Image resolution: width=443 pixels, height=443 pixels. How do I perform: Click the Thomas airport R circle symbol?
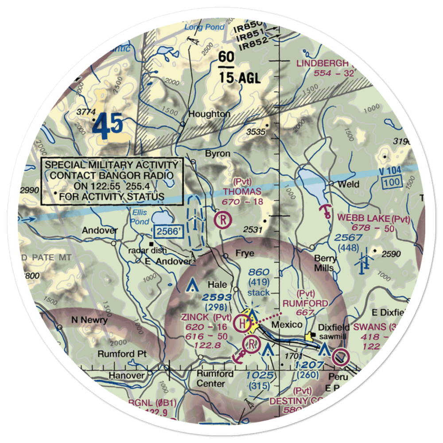[x=223, y=220]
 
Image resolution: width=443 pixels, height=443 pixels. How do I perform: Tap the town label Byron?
[x=218, y=154]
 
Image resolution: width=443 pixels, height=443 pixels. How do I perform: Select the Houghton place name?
[x=209, y=114]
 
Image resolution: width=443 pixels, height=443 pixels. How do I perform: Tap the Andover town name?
[x=100, y=230]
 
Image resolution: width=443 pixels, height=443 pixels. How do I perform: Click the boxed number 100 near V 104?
[x=391, y=182]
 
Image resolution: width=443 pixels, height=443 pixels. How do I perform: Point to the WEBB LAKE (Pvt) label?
[x=373, y=218]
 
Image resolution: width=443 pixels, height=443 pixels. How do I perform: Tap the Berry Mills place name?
[x=326, y=263]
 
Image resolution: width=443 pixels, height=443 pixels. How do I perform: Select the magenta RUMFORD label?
[x=306, y=303]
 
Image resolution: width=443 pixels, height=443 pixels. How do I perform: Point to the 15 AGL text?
[x=239, y=78]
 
